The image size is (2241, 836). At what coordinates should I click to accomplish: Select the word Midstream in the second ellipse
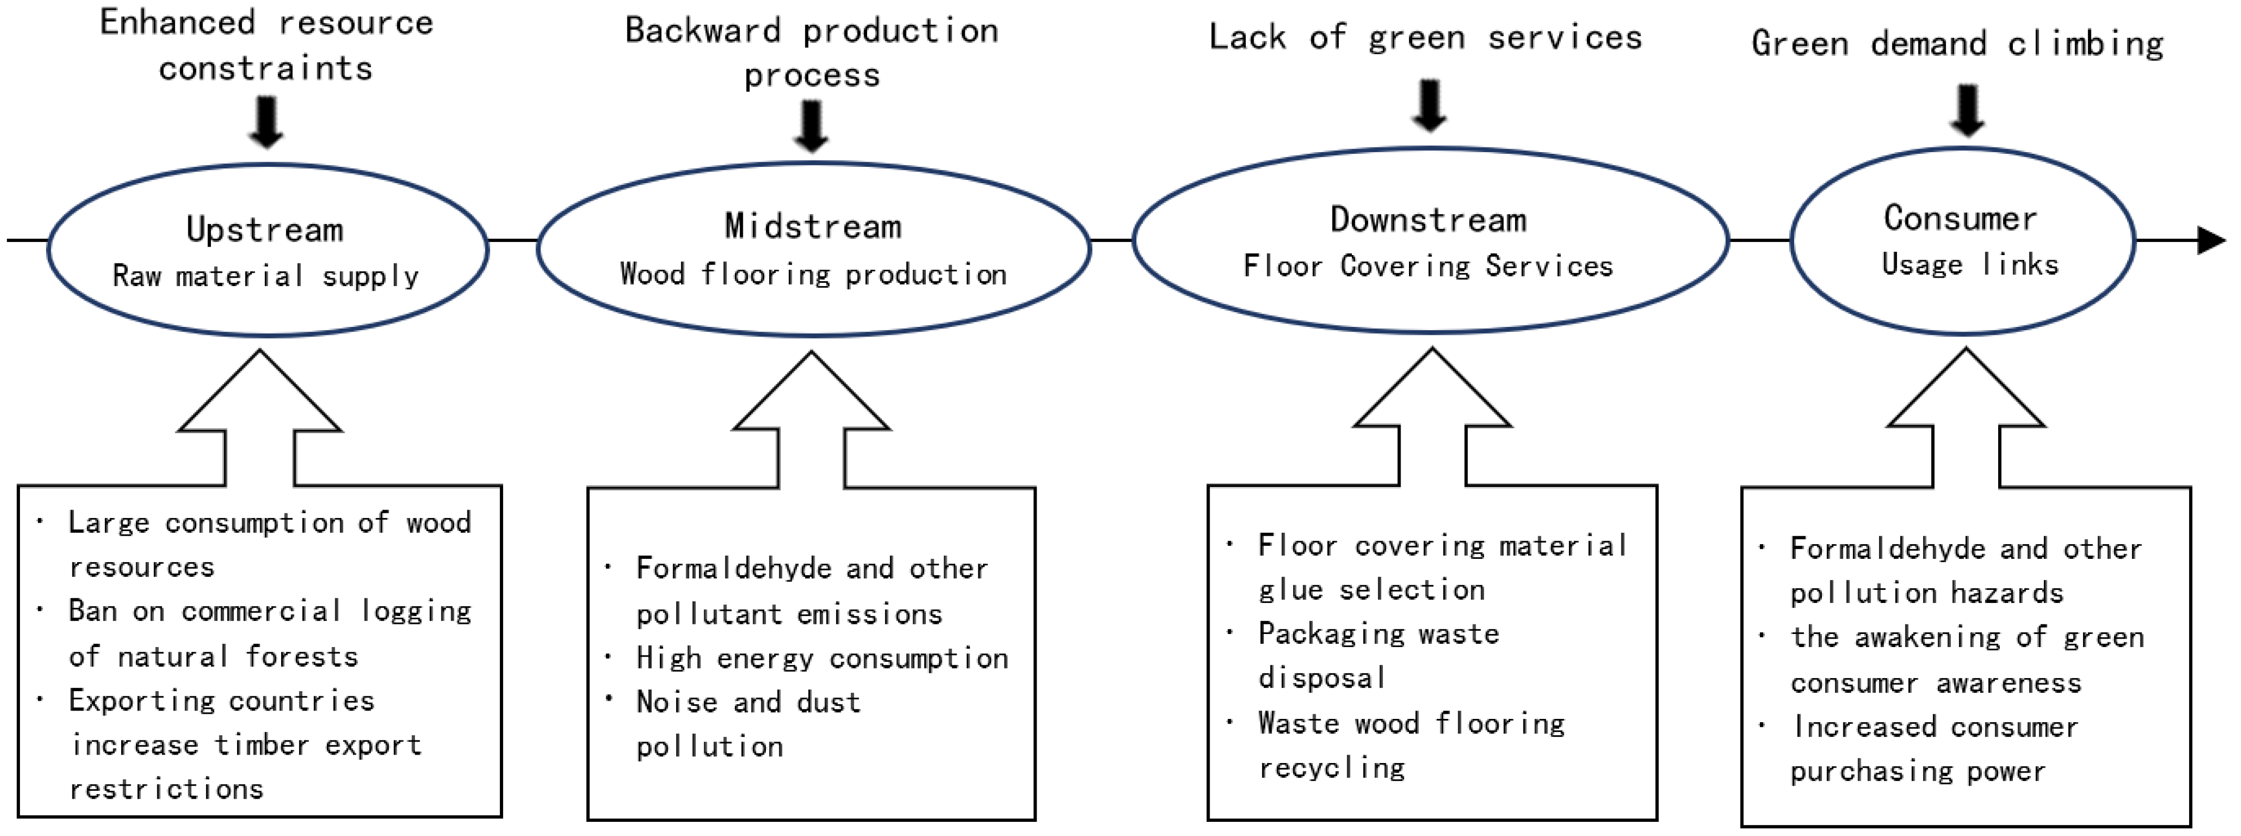tap(814, 226)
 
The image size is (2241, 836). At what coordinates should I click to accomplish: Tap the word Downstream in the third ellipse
tap(1428, 220)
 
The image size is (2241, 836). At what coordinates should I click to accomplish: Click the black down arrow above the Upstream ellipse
tap(266, 122)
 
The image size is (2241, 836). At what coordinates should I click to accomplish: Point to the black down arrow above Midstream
tap(812, 126)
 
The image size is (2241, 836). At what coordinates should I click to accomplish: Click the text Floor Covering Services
tap(1428, 266)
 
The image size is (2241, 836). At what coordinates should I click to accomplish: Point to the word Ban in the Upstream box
tap(92, 611)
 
